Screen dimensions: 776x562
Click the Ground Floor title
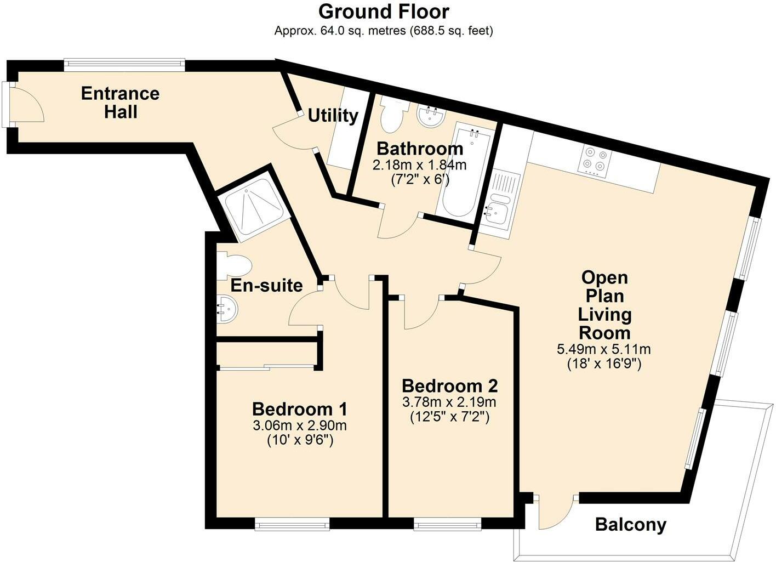[x=384, y=12]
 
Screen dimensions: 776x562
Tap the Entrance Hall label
[x=120, y=103]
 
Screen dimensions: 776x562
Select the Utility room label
[x=333, y=116]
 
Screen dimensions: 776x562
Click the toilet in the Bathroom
[x=392, y=115]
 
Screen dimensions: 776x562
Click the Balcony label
[x=630, y=524]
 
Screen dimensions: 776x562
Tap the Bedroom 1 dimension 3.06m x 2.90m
[x=300, y=425]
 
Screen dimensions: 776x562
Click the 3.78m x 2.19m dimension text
[x=449, y=402]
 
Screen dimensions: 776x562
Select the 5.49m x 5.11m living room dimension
[x=604, y=349]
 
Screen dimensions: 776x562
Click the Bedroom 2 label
[x=450, y=386]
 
